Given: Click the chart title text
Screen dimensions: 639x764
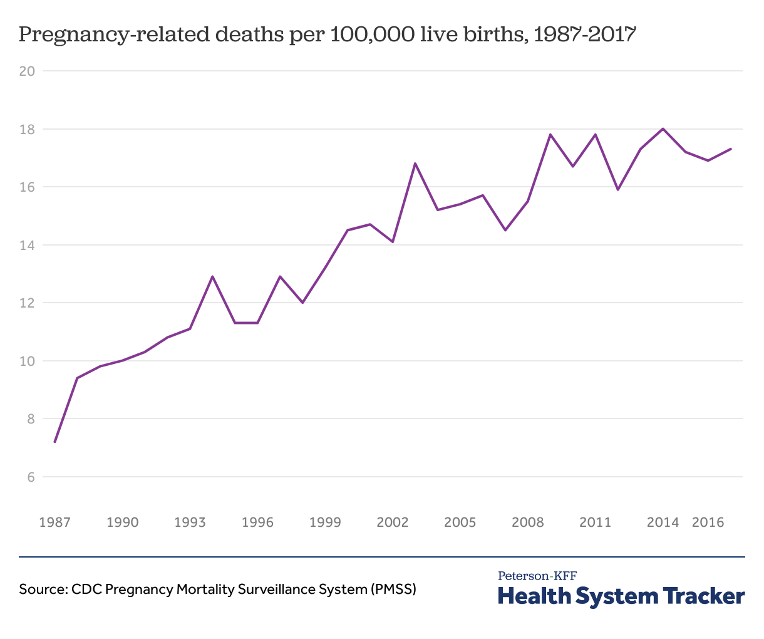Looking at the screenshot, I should point(328,34).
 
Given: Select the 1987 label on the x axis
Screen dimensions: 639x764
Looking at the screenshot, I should point(54,522).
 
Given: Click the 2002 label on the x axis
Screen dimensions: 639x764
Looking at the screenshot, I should point(393,522).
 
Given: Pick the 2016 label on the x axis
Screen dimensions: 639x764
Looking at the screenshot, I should point(708,522).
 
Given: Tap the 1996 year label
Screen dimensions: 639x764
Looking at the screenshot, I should point(257,522).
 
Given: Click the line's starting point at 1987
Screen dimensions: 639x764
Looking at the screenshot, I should point(55,442).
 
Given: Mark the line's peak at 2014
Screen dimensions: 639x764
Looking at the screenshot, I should point(663,128).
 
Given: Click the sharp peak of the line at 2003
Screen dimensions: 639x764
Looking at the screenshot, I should point(415,164).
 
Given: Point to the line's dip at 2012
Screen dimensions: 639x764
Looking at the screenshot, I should point(618,189).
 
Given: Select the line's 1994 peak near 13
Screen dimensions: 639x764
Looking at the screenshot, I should point(213,276).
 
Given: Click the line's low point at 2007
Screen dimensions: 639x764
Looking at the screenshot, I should point(505,230).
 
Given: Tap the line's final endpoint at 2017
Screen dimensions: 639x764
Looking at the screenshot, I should point(731,149).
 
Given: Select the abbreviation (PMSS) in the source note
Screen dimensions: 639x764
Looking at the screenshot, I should point(393,590).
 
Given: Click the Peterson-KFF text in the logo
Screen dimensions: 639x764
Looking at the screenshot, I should point(537,576).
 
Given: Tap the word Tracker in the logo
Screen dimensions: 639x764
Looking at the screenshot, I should point(703,596).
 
